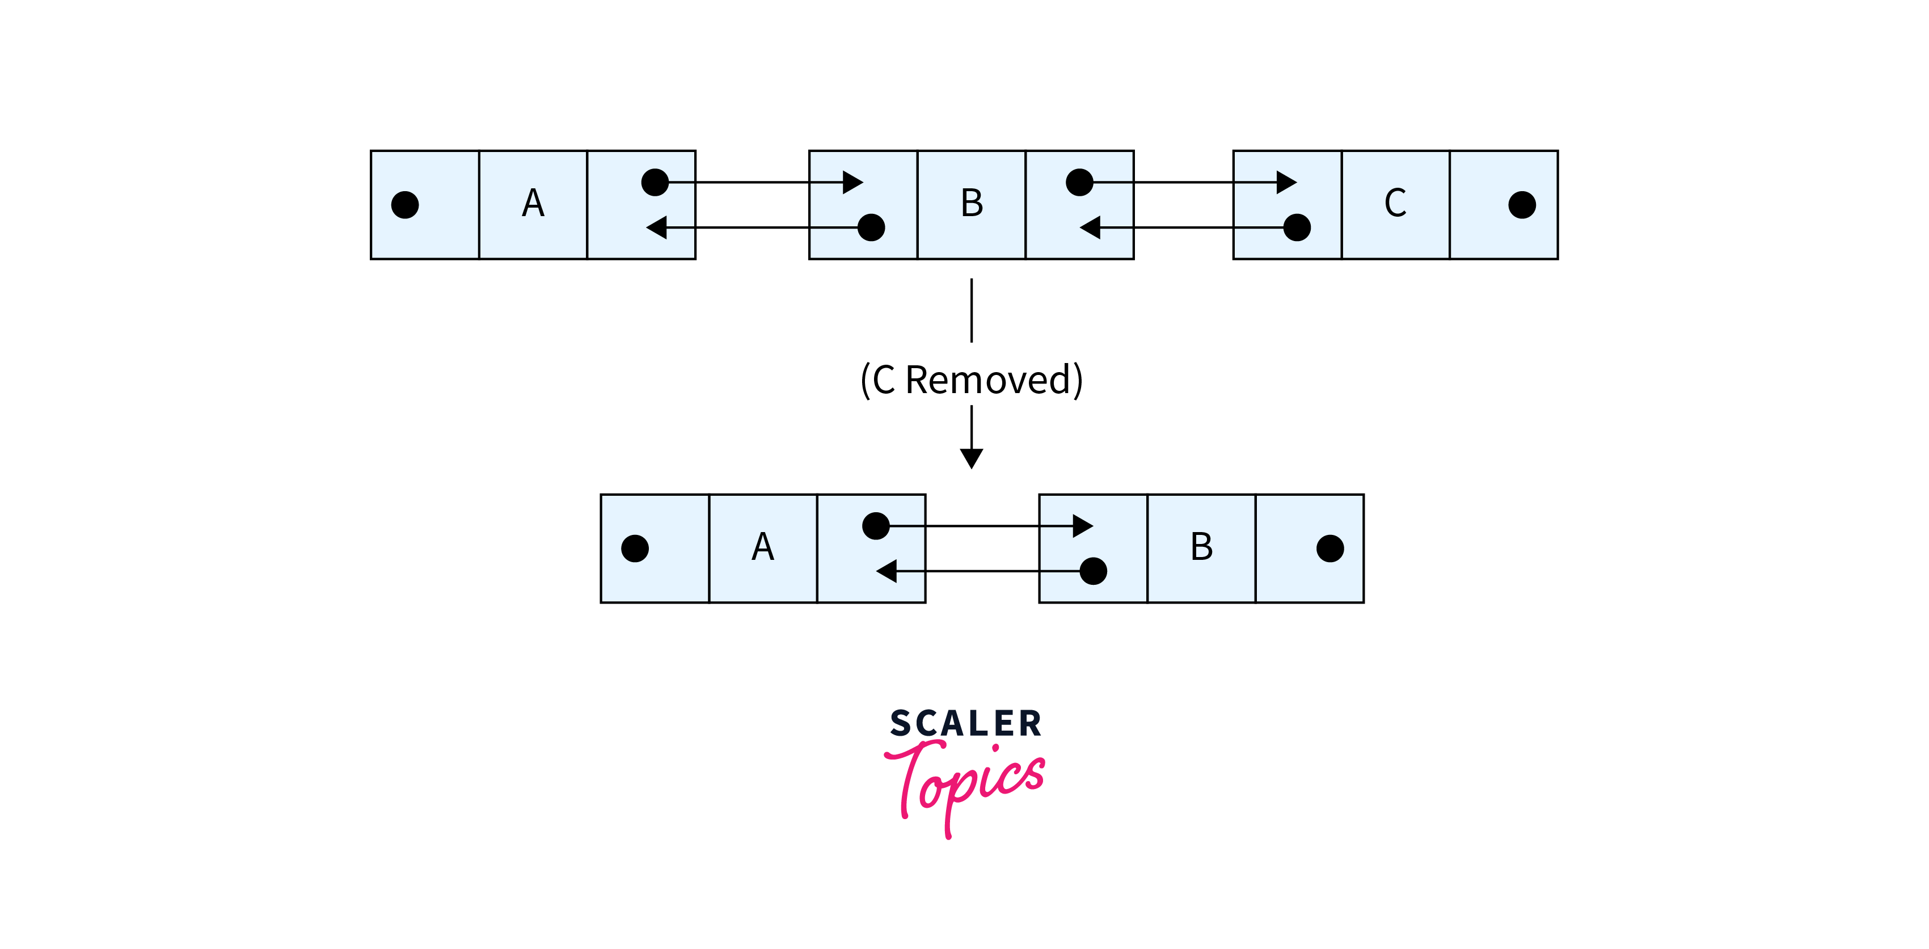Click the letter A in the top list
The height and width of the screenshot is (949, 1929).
click(x=533, y=203)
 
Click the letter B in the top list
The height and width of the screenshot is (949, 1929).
click(x=972, y=203)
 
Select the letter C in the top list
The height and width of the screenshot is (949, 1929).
click(x=1395, y=203)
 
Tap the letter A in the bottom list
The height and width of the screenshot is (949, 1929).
click(x=763, y=547)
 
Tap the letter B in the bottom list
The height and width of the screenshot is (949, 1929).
click(x=1202, y=547)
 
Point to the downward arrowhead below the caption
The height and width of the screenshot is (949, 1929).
click(x=971, y=458)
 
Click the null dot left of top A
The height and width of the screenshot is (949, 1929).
click(x=405, y=204)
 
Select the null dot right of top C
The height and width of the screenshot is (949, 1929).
click(x=1522, y=204)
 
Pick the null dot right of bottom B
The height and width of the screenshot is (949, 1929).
click(x=1330, y=549)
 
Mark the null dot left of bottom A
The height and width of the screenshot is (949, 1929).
click(x=635, y=549)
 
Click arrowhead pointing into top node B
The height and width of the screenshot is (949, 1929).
click(x=853, y=182)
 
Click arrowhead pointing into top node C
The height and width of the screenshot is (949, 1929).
click(x=1286, y=182)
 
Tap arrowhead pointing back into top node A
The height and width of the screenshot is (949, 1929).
click(x=657, y=227)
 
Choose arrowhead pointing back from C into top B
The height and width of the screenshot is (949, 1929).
click(x=1090, y=227)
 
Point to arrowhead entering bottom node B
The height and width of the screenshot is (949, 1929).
click(x=1083, y=526)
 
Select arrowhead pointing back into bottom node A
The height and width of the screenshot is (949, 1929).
click(x=887, y=571)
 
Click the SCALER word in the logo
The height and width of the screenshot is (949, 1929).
click(x=966, y=724)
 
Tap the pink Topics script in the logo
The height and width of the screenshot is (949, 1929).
click(x=964, y=788)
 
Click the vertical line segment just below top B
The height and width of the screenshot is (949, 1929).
click(x=971, y=310)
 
